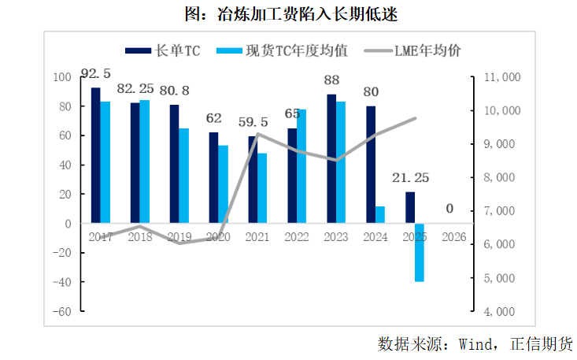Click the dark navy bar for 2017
[x=96, y=155]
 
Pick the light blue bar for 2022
[x=301, y=166]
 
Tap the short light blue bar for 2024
[x=380, y=215]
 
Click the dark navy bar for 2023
[x=331, y=158]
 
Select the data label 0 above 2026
[x=449, y=209]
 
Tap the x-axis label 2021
[x=257, y=236]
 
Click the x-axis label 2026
[x=454, y=236]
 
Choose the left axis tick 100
[x=63, y=77]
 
